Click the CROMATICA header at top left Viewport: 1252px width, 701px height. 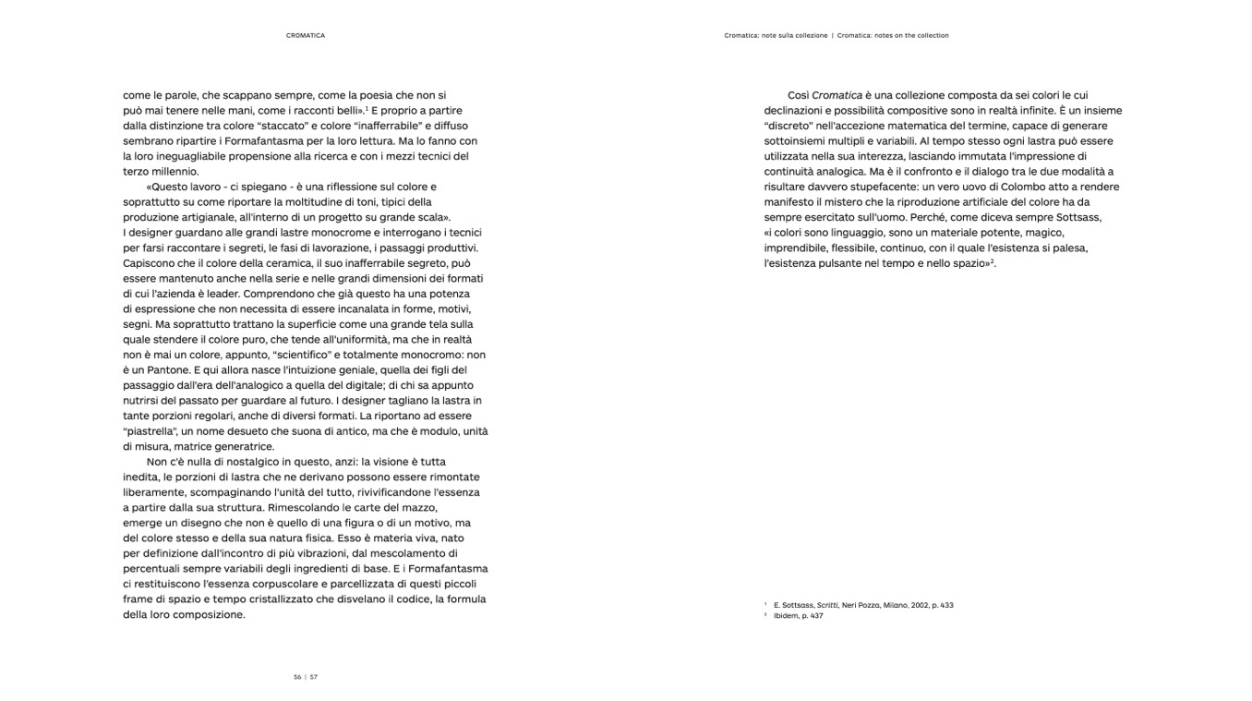tap(306, 36)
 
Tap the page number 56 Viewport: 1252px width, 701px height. tap(297, 677)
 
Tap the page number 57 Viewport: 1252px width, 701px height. tap(314, 677)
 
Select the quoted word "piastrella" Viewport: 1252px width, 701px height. tap(149, 431)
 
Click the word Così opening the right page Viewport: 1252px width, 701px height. tap(798, 95)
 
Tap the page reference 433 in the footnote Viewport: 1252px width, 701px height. tap(946, 605)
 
